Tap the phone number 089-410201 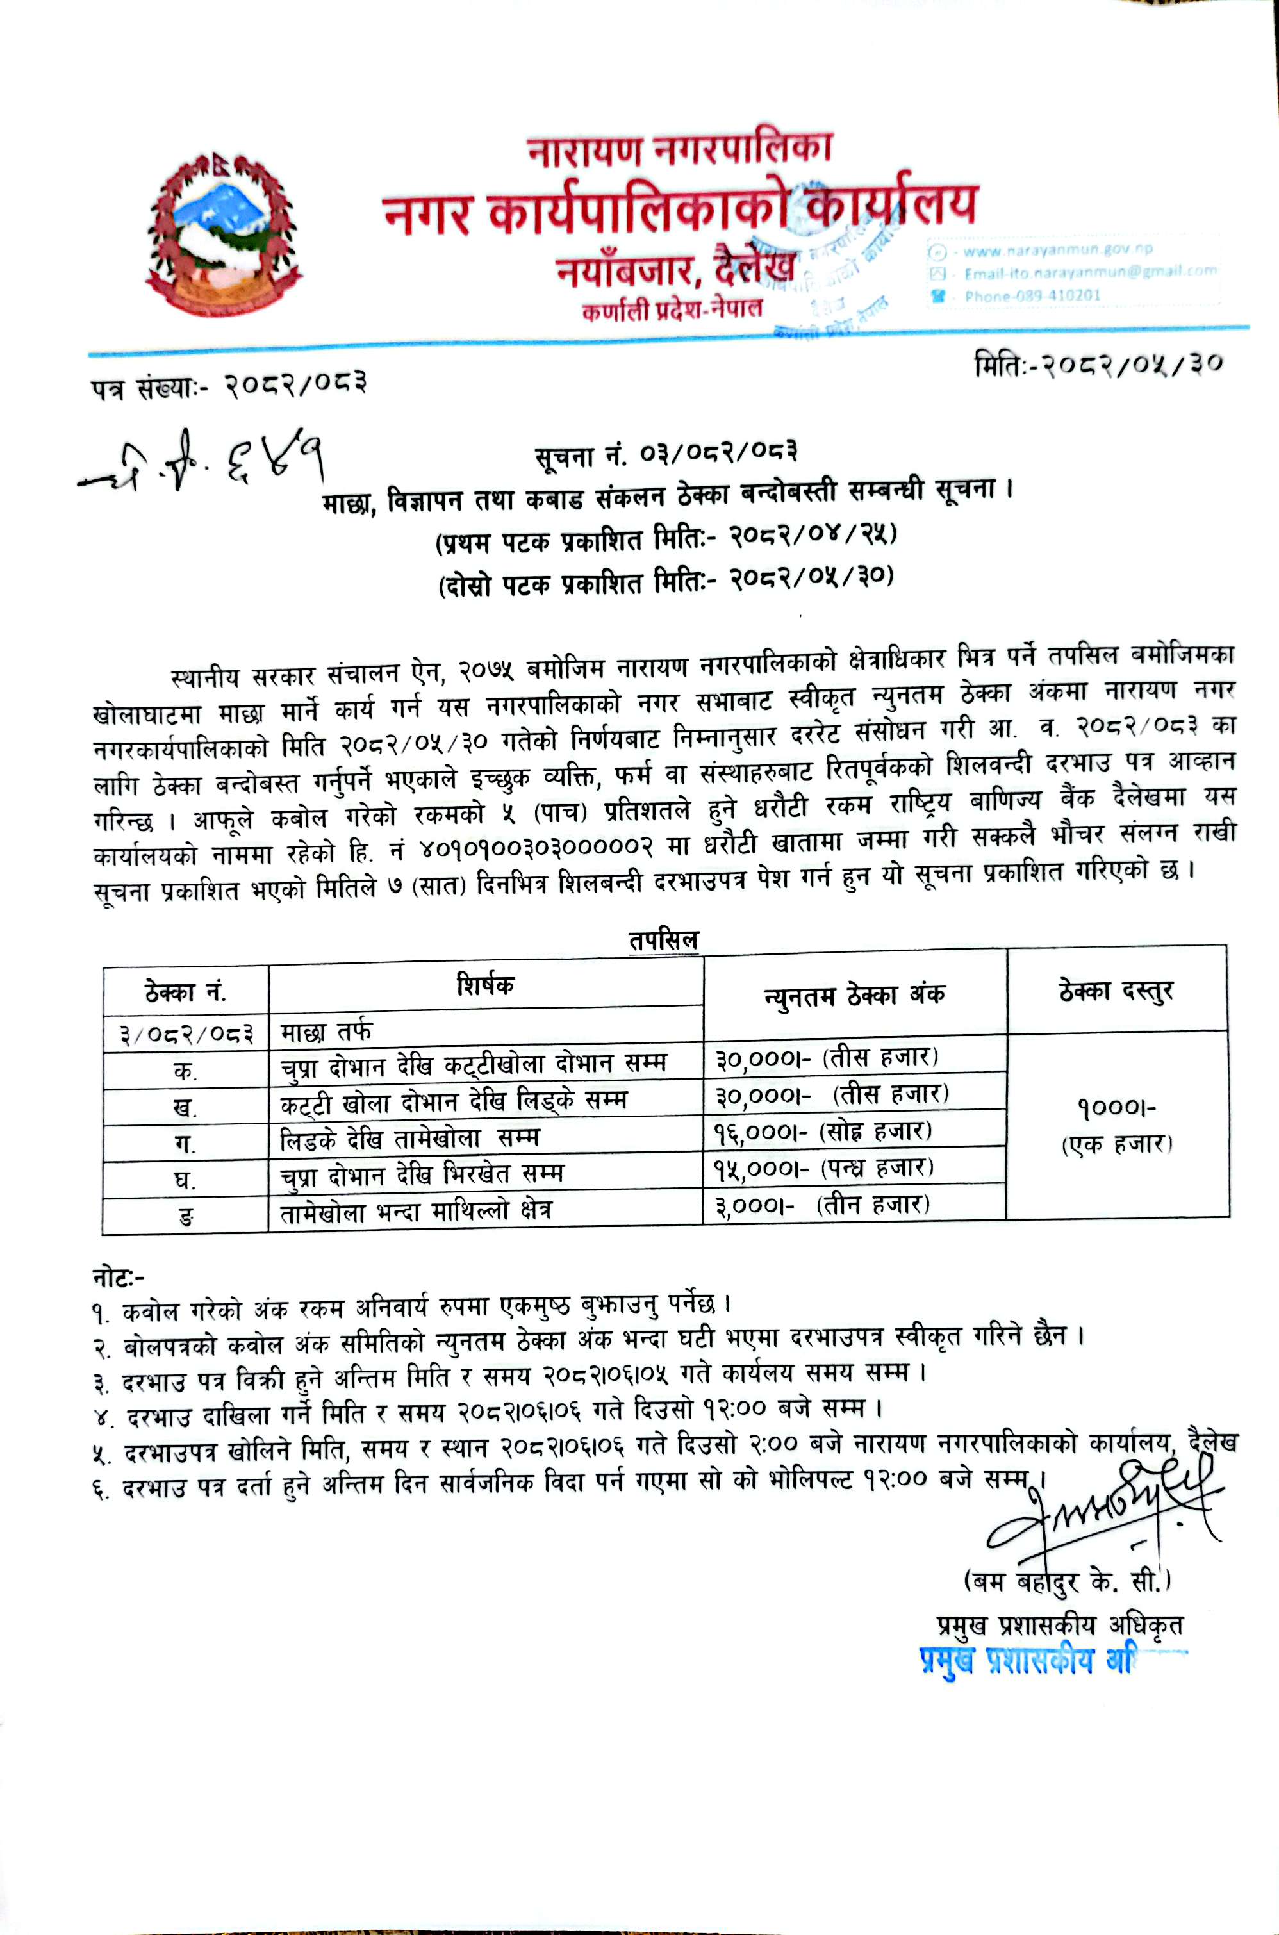tap(1032, 296)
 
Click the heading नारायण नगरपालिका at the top tap(679, 150)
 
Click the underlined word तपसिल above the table tap(663, 940)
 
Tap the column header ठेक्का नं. tap(185, 992)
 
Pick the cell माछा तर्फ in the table tap(326, 1032)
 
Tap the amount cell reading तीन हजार tap(822, 1206)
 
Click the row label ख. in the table tap(185, 1107)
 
